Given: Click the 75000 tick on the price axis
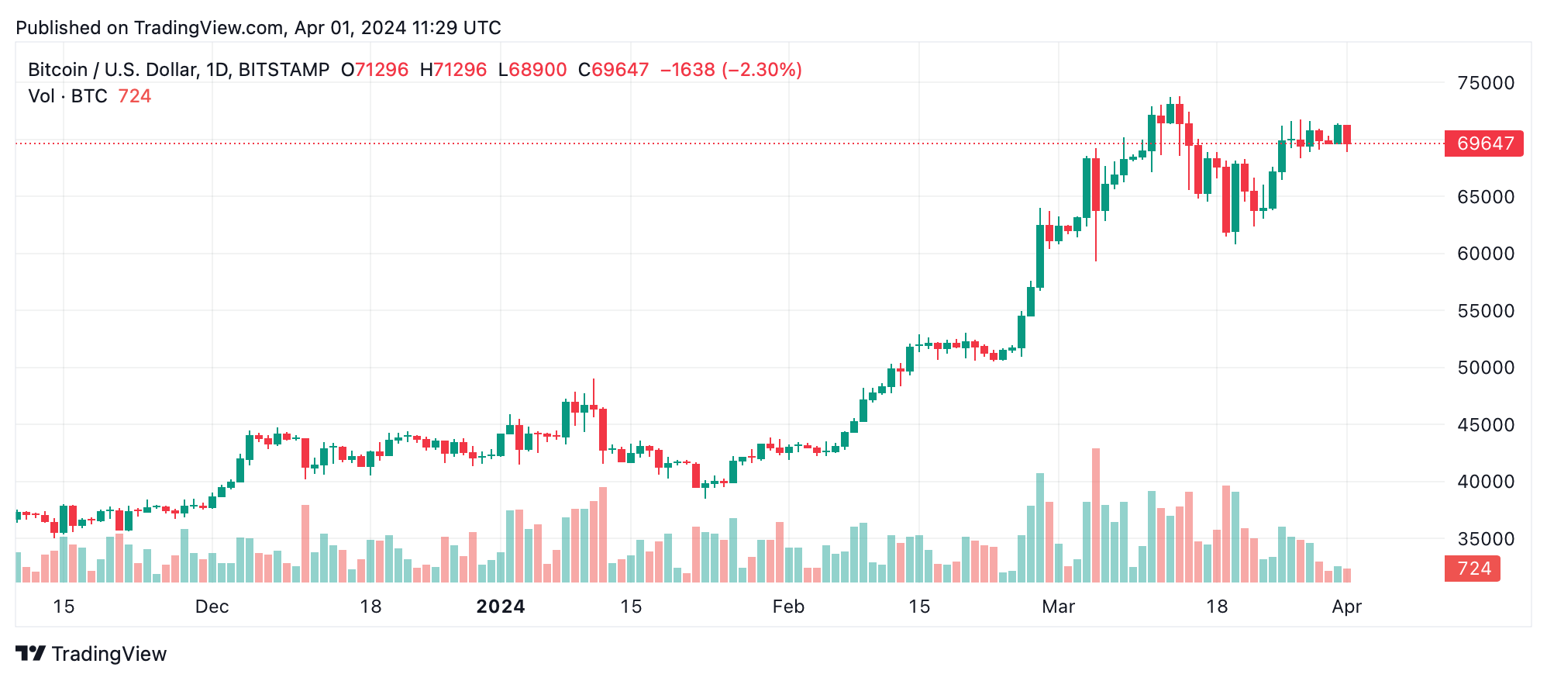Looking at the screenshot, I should click(x=1485, y=83).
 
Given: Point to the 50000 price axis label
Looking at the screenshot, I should click(x=1485, y=368).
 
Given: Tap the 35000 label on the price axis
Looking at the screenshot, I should click(x=1485, y=538).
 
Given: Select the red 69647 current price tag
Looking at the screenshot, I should click(x=1483, y=143).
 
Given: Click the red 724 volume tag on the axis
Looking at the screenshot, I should click(x=1473, y=569).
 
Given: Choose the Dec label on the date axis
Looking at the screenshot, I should click(x=212, y=607).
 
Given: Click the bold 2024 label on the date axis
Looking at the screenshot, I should click(x=501, y=607).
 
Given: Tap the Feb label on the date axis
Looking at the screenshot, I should click(x=788, y=607).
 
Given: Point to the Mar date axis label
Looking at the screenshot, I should click(x=1058, y=607).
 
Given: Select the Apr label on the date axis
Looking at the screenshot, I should click(x=1346, y=607).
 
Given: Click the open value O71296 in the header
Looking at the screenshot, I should click(x=374, y=70).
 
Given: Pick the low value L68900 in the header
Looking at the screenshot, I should click(x=532, y=70).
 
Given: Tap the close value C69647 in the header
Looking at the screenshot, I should click(x=613, y=70).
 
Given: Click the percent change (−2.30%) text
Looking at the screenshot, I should click(x=761, y=70).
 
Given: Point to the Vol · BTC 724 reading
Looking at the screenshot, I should click(x=90, y=96).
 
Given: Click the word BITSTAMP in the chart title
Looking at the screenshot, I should click(x=284, y=70).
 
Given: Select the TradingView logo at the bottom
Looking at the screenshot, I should click(x=91, y=654).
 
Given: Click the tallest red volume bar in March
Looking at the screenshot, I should click(x=1096, y=515).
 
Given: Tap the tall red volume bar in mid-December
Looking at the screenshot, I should click(x=305, y=543).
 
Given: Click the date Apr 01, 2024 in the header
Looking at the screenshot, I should click(x=350, y=28).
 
